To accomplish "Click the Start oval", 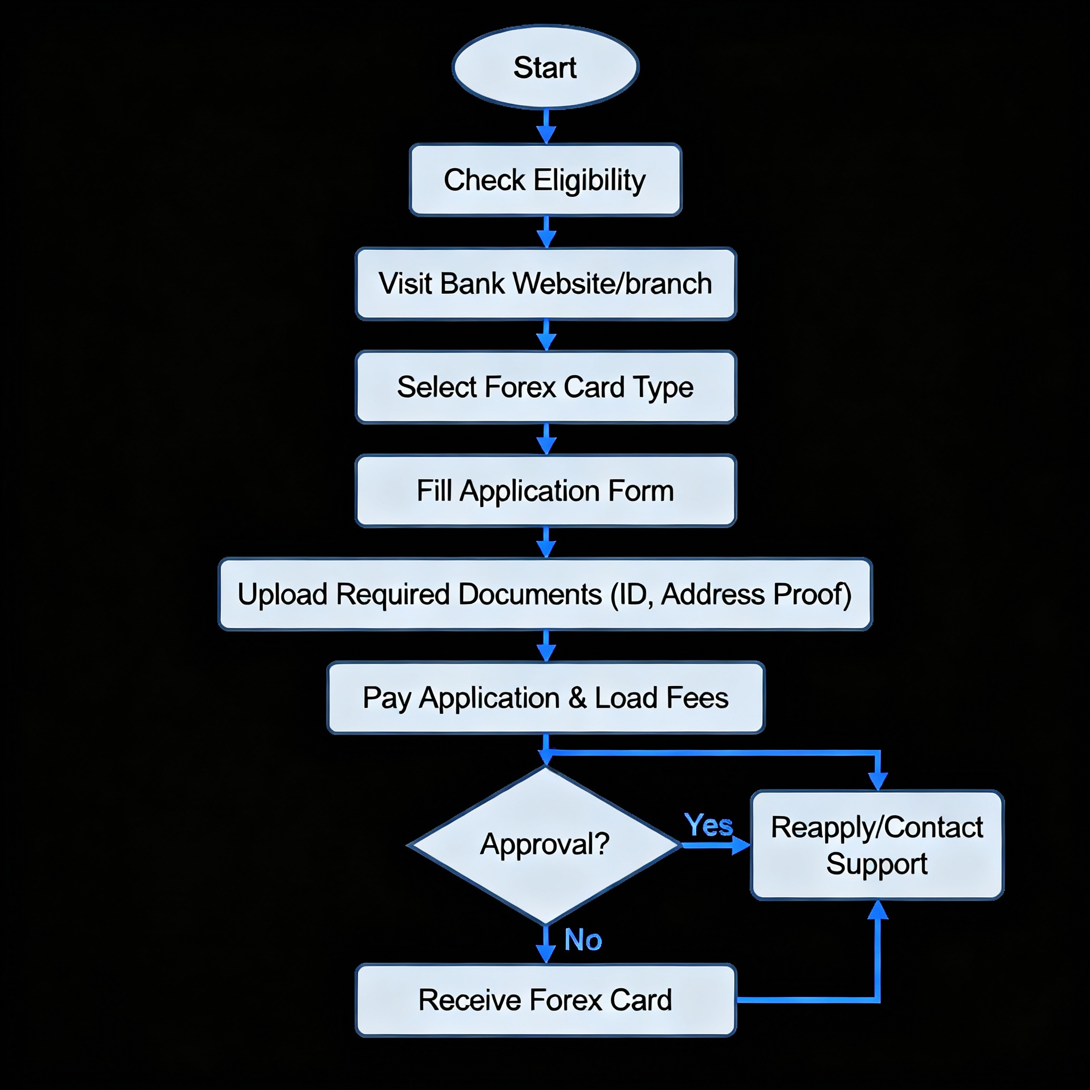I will tap(545, 67).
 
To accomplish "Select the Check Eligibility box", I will tap(545, 180).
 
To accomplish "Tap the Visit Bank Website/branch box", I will tap(545, 283).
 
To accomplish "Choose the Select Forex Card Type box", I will tap(545, 387).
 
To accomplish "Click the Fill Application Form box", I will tap(545, 490).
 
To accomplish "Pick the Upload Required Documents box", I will tap(545, 594).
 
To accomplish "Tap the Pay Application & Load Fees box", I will tap(545, 698).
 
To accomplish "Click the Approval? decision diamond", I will tap(545, 845).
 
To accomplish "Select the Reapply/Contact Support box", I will tap(877, 845).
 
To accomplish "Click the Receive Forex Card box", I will tap(545, 1000).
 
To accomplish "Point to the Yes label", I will tap(708, 825).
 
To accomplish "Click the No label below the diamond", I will tap(583, 940).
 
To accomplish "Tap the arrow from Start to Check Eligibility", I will tap(546, 126).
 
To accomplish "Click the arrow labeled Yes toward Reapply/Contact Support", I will tap(715, 845).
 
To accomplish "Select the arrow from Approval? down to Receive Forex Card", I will tap(546, 944).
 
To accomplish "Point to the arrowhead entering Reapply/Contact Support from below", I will tap(877, 910).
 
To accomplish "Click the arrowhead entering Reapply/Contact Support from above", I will tap(877, 780).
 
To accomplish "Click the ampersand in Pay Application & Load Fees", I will tap(577, 698).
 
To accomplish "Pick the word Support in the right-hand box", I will tap(877, 864).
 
